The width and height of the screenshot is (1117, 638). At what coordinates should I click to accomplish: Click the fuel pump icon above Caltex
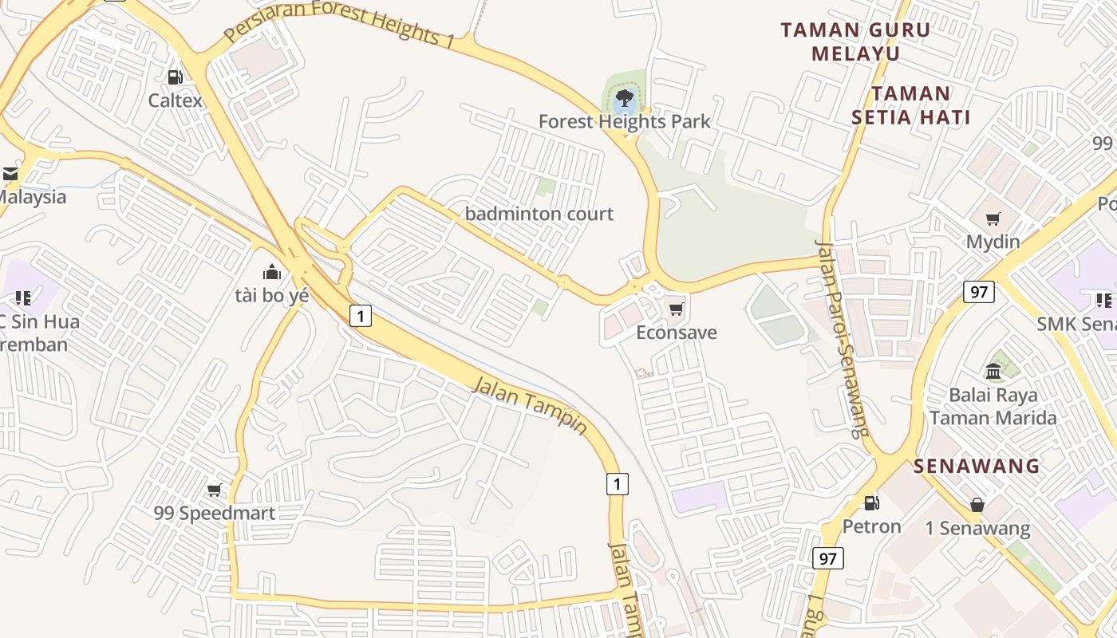pos(175,77)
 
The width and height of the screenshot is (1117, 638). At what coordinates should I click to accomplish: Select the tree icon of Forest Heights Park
pos(625,98)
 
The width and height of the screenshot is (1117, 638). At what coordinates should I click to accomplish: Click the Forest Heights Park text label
pos(624,122)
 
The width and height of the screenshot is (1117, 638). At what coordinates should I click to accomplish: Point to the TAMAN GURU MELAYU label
pos(855,42)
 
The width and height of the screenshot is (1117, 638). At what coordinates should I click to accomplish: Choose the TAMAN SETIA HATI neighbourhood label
pos(910,105)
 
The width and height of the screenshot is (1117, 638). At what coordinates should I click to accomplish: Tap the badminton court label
pos(539,214)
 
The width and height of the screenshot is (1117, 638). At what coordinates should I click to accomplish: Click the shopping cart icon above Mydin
pos(993,219)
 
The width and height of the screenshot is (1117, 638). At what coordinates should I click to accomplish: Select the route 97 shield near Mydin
pos(979,292)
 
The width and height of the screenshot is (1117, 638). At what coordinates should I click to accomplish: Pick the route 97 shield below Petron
pos(828,558)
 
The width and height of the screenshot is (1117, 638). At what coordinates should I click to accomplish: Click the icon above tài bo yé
pos(272,272)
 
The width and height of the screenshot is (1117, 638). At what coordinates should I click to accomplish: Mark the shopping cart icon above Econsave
pos(677,309)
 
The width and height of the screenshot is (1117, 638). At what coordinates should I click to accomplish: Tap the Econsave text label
pos(677,333)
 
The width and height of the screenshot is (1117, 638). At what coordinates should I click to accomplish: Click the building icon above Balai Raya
pos(993,371)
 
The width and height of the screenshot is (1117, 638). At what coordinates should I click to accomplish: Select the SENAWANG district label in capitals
pos(977,466)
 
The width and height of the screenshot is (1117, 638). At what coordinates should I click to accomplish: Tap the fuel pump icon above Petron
pos(872,502)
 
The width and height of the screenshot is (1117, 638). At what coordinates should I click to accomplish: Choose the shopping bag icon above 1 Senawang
pos(977,504)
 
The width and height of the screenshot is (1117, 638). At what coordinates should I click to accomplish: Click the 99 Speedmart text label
pos(215,513)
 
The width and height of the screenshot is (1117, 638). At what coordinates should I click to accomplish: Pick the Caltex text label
pos(176,100)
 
